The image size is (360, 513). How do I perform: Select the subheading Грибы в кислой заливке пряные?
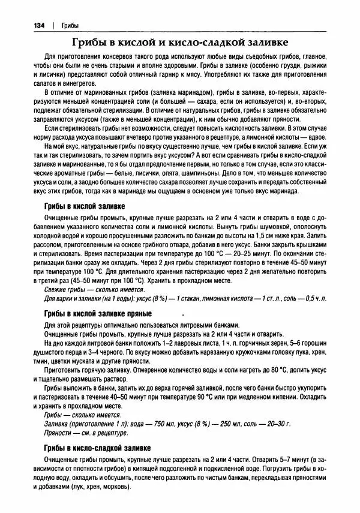(98, 313)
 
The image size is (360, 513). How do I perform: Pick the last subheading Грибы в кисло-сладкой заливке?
(98, 448)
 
